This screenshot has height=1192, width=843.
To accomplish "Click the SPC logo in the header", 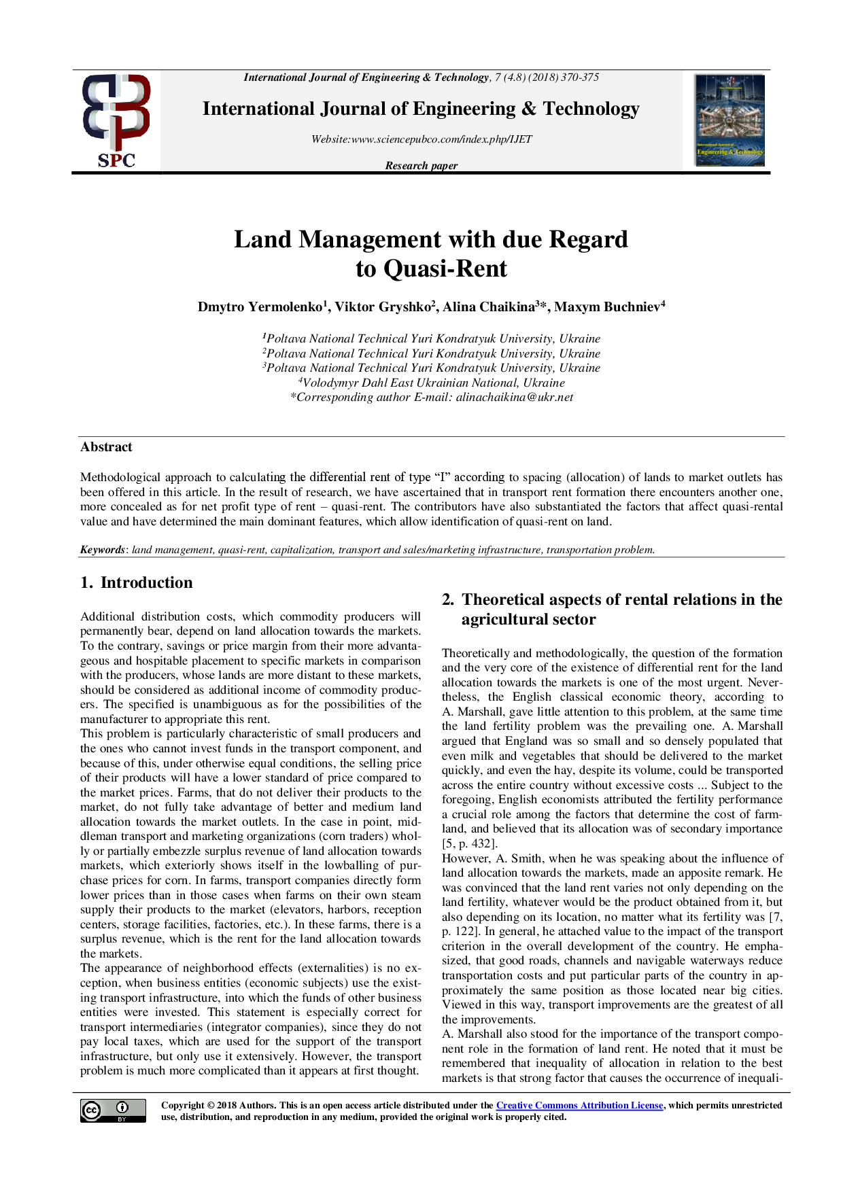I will (116, 121).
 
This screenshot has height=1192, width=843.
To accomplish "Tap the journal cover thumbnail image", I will (729, 120).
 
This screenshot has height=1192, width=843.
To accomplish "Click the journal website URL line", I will (421, 139).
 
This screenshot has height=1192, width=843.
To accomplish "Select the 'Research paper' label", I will (421, 166).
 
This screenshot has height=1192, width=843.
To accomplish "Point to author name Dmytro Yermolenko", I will (260, 307).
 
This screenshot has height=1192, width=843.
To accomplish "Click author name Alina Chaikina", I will (489, 307).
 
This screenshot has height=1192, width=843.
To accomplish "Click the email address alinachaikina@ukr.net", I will (515, 398).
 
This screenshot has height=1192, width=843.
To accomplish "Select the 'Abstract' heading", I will (106, 447).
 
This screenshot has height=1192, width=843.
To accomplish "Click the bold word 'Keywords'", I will (103, 550).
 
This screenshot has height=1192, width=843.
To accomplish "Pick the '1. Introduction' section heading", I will (137, 583).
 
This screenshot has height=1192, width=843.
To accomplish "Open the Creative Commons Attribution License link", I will (579, 1106).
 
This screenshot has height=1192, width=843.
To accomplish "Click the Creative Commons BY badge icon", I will (113, 1110).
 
